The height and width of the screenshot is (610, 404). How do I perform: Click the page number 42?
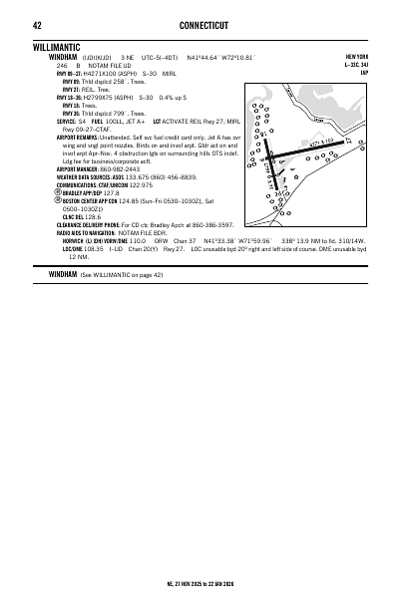[36, 24]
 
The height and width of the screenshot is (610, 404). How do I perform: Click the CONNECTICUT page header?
[202, 24]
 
